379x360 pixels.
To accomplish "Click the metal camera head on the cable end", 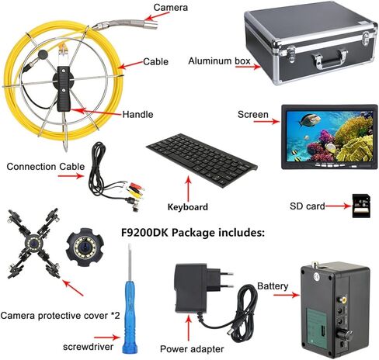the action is pos(148,24).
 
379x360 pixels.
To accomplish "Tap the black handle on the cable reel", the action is pos(64,88).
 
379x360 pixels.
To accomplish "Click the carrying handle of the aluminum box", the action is pos(329,59).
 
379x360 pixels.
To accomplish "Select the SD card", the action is pos(362,206).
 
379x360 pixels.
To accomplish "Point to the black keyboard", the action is pos(202,161).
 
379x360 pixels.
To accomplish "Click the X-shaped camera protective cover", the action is pos(33,244).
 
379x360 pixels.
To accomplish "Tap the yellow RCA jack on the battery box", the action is pos(343,300).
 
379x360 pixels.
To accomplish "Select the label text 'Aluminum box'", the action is pos(219,61).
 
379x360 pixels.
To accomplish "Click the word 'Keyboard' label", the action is pos(188,207).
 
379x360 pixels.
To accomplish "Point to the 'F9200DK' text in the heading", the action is pos(145,233).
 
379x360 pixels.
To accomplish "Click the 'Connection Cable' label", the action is pos(46,167).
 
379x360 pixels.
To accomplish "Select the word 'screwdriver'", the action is pos(88,347).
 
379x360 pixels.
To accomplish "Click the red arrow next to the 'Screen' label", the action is pos(267,121).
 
